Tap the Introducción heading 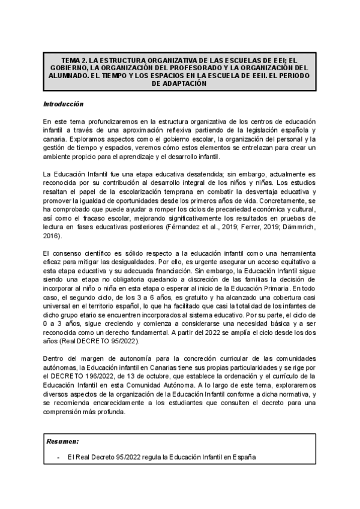(63, 104)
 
